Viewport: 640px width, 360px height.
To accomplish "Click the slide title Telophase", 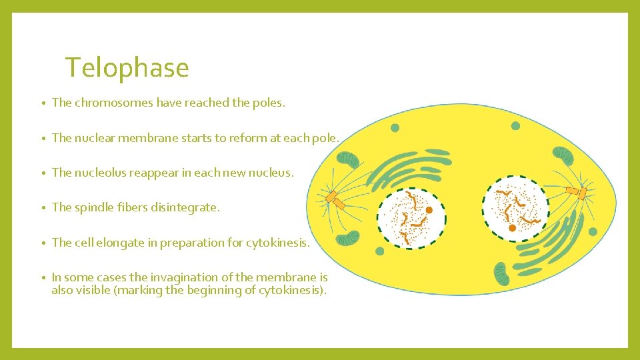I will [127, 68].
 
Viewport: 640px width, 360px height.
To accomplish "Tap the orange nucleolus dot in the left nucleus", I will [429, 210].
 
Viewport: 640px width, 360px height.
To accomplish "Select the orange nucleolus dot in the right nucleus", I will [512, 228].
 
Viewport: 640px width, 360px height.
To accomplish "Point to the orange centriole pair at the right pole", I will [577, 193].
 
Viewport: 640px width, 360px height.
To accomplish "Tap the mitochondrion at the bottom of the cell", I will [501, 273].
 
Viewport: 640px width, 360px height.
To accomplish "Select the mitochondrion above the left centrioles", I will [348, 159].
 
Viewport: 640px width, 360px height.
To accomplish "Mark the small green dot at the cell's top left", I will [395, 128].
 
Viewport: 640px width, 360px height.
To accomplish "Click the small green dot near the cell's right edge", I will [593, 231].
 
